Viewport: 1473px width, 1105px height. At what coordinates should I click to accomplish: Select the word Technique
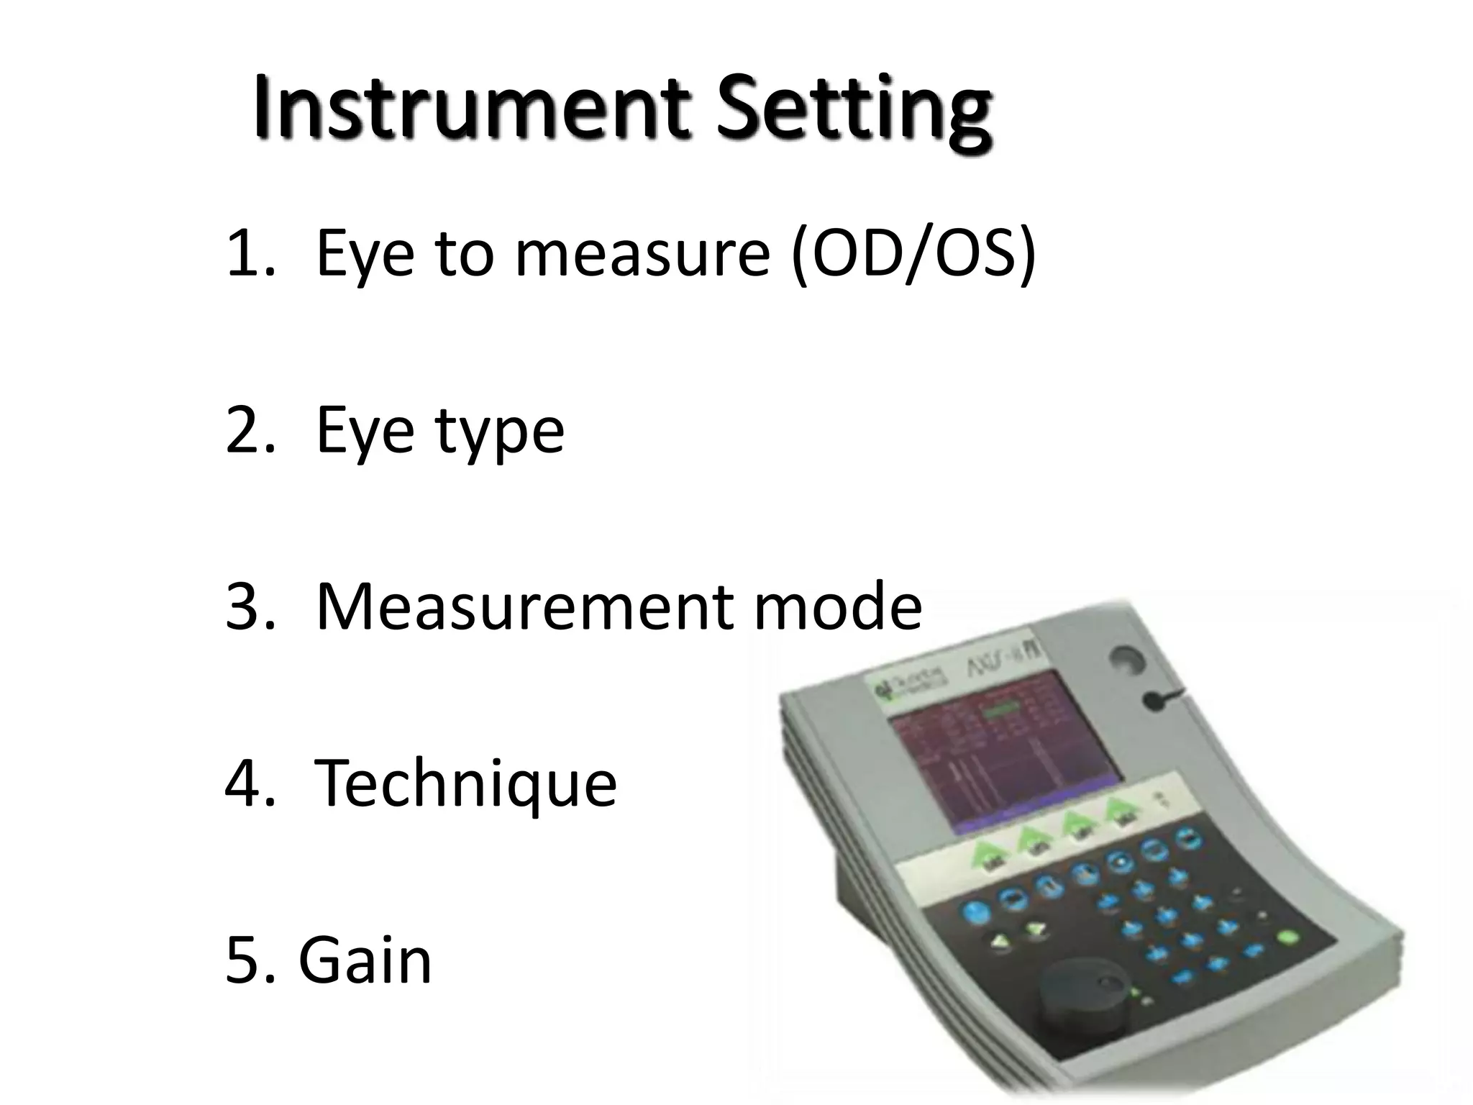pos(466,784)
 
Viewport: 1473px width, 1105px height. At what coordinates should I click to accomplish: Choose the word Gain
pos(365,960)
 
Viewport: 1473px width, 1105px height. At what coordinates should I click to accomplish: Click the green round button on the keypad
pos(1287,937)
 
